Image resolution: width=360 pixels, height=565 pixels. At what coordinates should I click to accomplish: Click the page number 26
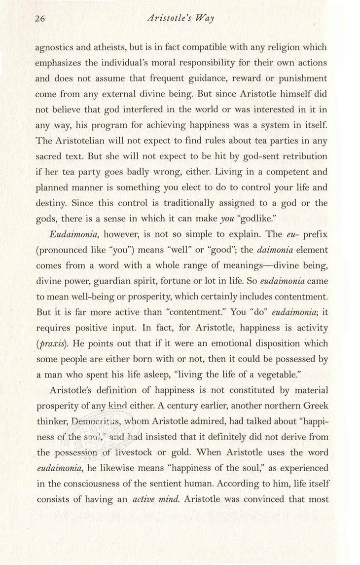pos(40,20)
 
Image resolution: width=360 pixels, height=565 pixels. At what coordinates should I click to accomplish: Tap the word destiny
pos(50,202)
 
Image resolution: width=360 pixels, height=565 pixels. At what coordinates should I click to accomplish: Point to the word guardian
pos(130,281)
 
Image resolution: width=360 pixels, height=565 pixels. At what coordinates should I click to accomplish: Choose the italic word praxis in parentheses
pos(54,343)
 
